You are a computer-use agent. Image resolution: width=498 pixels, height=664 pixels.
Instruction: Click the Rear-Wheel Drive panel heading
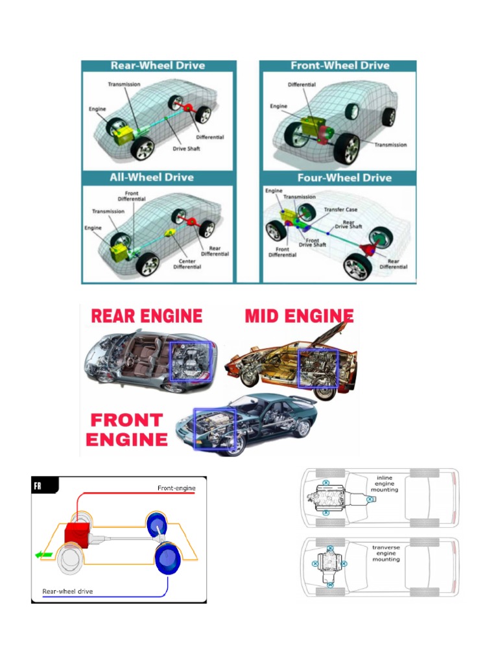pyautogui.click(x=158, y=65)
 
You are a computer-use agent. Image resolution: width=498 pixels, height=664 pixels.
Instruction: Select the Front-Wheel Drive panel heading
pyautogui.click(x=340, y=65)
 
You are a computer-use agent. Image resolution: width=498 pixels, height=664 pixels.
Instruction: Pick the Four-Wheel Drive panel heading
pyautogui.click(x=344, y=178)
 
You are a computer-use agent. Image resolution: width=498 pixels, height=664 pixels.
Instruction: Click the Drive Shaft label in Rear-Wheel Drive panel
pyautogui.click(x=186, y=148)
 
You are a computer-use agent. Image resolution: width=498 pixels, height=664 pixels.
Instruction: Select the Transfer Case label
pyautogui.click(x=340, y=209)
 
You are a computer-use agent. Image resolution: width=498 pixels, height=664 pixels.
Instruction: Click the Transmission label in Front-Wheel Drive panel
pyautogui.click(x=390, y=145)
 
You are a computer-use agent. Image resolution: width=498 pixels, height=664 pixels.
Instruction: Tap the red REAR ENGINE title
pyautogui.click(x=147, y=316)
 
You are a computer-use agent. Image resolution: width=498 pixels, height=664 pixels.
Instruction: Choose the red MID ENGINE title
pyautogui.click(x=299, y=316)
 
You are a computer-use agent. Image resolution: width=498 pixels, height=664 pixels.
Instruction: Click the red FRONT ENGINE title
pyautogui.click(x=126, y=429)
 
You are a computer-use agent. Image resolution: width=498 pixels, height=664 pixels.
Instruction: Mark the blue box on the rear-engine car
pyautogui.click(x=190, y=362)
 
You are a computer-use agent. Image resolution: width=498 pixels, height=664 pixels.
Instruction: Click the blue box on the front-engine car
pyautogui.click(x=215, y=428)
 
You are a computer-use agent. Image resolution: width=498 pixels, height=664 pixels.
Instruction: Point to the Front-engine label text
pyautogui.click(x=176, y=488)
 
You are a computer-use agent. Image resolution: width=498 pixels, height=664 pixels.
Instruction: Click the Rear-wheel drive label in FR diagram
pyautogui.click(x=67, y=591)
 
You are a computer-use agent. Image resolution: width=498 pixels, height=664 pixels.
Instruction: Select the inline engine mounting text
pyautogui.click(x=385, y=484)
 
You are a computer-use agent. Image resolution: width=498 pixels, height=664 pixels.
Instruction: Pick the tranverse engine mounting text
pyautogui.click(x=386, y=553)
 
